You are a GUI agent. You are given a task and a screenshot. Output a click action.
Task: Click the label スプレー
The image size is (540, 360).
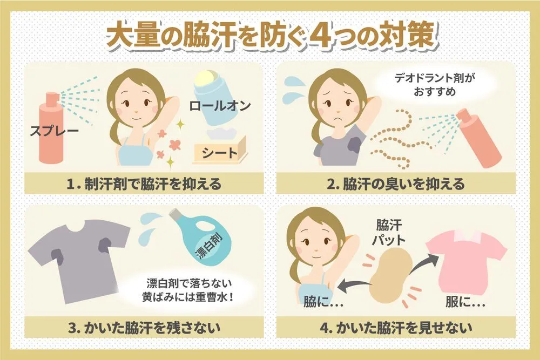click(55, 131)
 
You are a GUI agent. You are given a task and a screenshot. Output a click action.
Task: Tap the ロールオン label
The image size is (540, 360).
click(220, 106)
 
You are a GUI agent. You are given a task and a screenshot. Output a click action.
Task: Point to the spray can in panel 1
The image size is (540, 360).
click(51, 127)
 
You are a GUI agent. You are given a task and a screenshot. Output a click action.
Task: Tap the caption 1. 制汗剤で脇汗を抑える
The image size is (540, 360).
click(144, 184)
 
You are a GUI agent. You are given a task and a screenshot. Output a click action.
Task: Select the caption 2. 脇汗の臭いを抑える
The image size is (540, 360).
click(396, 184)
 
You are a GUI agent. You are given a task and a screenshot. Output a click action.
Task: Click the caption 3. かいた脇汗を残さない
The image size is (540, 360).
click(144, 327)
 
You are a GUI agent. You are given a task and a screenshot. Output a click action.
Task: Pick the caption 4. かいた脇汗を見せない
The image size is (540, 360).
click(396, 327)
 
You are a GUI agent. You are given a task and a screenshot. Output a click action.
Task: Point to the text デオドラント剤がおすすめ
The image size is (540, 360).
click(435, 85)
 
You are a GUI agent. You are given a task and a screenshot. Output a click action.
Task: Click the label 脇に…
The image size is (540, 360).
click(323, 302)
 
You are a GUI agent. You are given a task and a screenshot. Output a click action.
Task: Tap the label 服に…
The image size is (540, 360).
click(465, 302)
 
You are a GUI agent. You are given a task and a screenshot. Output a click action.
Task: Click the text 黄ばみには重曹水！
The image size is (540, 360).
click(188, 297)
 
